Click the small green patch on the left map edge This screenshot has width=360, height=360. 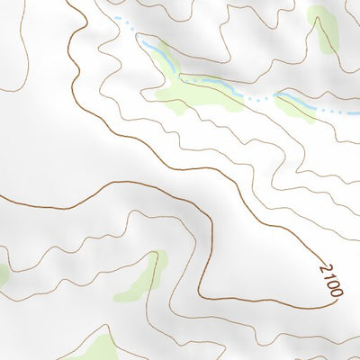3,273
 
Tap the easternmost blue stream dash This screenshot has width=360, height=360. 346,114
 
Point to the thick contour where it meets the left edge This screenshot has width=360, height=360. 2,196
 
